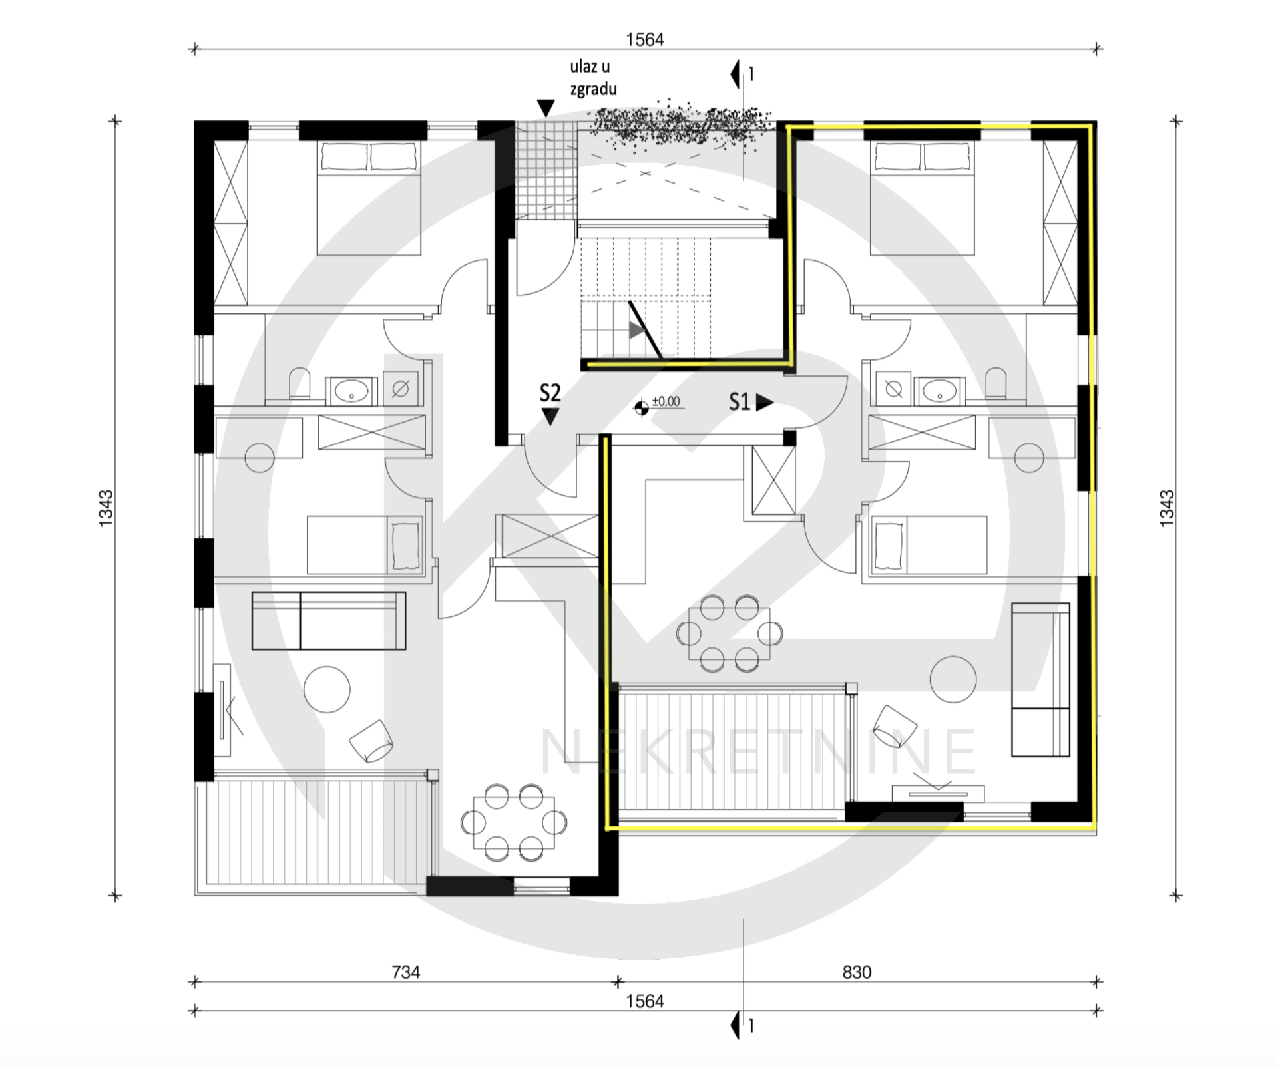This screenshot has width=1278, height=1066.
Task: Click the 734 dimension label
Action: pos(405,972)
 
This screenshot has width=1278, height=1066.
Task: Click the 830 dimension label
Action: pos(857,972)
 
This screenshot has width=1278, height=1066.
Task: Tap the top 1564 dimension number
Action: pos(645,40)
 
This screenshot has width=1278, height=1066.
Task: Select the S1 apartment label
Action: pos(740,402)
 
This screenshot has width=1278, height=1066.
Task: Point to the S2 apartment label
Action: pos(550,393)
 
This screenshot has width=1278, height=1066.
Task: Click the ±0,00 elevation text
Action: pos(666,401)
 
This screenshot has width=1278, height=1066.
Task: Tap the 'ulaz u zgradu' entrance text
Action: pos(592,77)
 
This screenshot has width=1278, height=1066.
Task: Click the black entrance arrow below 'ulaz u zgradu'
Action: pos(546,108)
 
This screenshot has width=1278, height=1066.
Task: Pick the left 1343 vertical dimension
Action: pos(106,509)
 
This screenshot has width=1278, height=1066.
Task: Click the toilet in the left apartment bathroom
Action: pos(300,384)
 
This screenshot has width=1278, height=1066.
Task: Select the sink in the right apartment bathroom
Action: pos(939,391)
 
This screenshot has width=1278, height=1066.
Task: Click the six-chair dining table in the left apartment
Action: pos(513,822)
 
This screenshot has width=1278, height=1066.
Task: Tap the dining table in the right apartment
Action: pos(730,633)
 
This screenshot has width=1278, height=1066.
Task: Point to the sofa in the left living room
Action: pos(329,621)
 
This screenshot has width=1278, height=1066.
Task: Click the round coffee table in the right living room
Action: pos(953,679)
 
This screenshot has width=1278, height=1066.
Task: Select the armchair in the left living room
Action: pos(371,741)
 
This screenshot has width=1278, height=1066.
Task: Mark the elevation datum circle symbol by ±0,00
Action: pos(642,408)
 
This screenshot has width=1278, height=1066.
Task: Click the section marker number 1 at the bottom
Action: pos(751,1026)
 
